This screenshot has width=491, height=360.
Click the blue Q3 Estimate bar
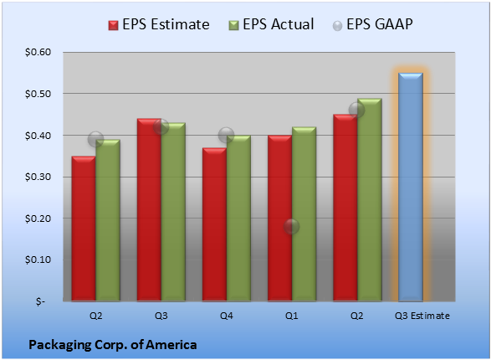click(411, 187)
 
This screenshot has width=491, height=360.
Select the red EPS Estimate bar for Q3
click(149, 210)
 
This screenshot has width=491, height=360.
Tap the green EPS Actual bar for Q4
click(238, 218)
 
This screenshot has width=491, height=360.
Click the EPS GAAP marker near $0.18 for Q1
click(291, 226)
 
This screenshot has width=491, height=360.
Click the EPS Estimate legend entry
click(159, 24)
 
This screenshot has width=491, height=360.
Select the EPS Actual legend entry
click(271, 24)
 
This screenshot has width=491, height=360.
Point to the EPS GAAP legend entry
click(372, 24)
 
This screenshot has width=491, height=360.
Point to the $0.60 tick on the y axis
click(38, 52)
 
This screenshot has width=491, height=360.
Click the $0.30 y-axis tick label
click(38, 177)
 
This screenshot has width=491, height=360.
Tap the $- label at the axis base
click(40, 301)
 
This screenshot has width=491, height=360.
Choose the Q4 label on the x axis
click(227, 316)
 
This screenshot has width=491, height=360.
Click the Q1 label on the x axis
click(292, 316)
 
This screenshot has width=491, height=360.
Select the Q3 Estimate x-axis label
click(422, 316)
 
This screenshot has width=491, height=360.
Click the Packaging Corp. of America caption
click(113, 345)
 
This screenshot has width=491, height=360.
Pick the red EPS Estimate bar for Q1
click(279, 218)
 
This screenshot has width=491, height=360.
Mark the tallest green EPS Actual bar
click(370, 200)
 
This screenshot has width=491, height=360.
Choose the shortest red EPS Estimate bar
click(84, 229)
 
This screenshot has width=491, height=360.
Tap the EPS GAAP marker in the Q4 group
click(226, 136)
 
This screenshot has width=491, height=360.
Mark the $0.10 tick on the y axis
click(38, 260)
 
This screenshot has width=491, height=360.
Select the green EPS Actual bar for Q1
click(304, 214)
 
